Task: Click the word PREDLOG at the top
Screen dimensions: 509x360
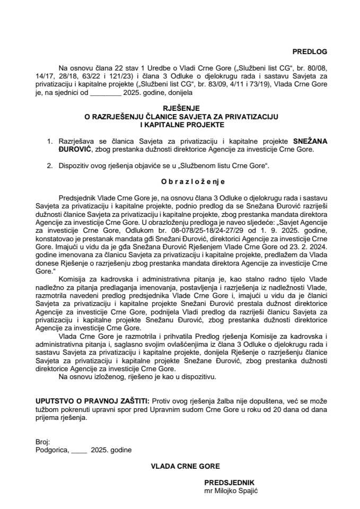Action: pyautogui.click(x=310, y=52)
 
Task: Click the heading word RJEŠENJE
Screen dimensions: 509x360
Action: pyautogui.click(x=179, y=108)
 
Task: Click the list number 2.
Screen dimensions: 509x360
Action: pyautogui.click(x=50, y=166)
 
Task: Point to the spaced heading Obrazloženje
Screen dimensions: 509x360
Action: pyautogui.click(x=179, y=180)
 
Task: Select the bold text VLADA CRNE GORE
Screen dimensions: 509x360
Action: pyautogui.click(x=179, y=466)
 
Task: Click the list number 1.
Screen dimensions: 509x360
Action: pyautogui.click(x=50, y=142)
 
